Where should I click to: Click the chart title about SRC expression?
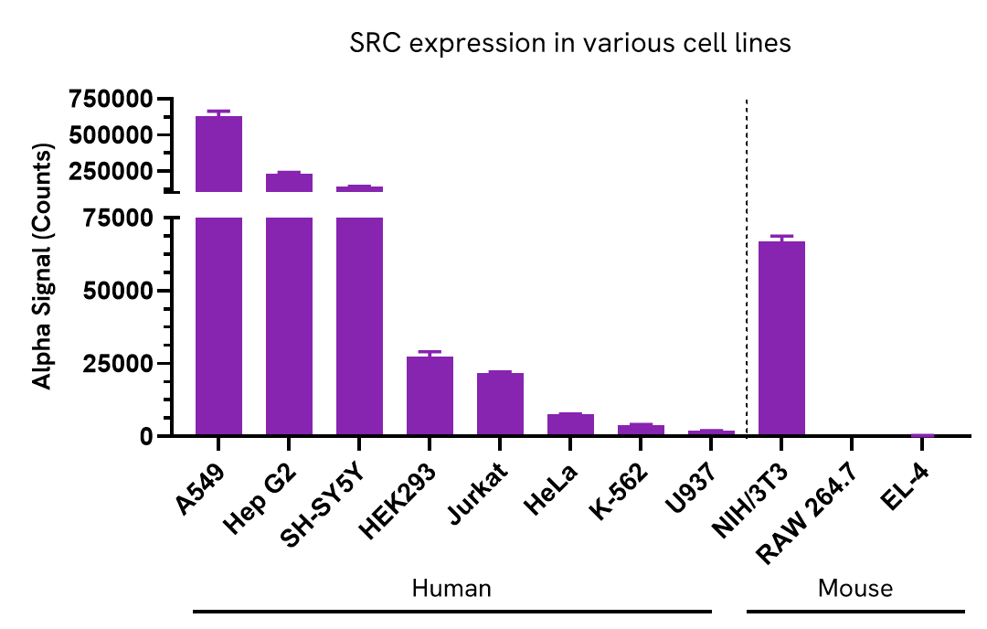[x=570, y=44]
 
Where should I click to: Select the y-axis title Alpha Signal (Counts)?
[x=43, y=265]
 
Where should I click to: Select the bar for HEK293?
[x=430, y=396]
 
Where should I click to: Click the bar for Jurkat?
[x=500, y=404]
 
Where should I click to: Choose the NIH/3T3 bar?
[x=781, y=338]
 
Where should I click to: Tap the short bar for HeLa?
[x=570, y=425]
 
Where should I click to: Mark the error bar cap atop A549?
[x=218, y=111]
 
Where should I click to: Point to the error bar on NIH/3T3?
[x=781, y=238]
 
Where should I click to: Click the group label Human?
[x=451, y=588]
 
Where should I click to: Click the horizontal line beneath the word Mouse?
[x=854, y=611]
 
